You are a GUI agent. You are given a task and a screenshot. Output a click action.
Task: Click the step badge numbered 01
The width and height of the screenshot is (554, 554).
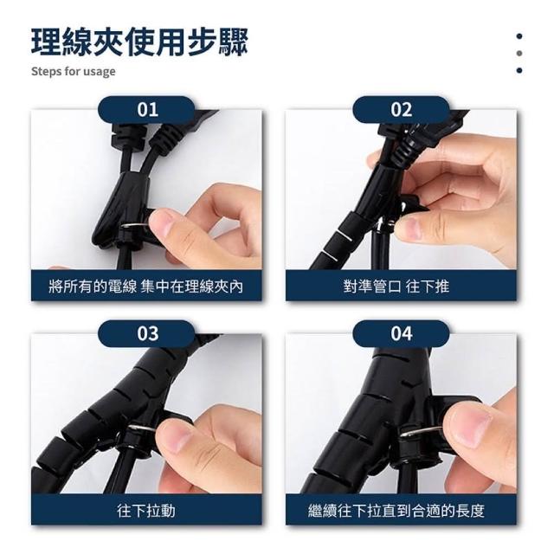click(x=146, y=110)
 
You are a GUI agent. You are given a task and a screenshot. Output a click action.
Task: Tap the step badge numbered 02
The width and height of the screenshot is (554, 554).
click(x=401, y=110)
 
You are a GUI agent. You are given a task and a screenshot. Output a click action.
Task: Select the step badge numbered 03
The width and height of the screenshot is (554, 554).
click(x=146, y=333)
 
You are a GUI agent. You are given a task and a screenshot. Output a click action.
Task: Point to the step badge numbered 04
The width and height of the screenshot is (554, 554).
click(x=401, y=333)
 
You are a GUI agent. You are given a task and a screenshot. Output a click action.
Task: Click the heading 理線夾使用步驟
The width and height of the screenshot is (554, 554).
click(x=140, y=42)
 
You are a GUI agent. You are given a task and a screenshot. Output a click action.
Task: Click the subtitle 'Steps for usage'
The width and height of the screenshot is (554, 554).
click(x=73, y=71)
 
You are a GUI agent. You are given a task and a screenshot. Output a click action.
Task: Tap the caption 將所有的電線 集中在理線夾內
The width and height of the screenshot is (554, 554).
click(x=146, y=287)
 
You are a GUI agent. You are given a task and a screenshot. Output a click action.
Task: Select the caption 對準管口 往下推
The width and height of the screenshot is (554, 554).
click(x=396, y=287)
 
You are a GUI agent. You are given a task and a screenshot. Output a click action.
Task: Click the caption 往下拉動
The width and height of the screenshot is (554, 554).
click(x=146, y=511)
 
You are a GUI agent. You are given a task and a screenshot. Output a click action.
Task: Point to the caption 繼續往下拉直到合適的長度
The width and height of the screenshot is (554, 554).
click(x=396, y=511)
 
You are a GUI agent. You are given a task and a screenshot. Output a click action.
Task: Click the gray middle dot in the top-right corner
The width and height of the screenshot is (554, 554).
click(x=519, y=53)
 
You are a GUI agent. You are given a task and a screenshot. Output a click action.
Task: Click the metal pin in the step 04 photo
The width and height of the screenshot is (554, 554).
click(x=421, y=431)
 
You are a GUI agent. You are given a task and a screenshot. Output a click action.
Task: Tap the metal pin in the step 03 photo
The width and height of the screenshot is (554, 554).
click(x=141, y=428)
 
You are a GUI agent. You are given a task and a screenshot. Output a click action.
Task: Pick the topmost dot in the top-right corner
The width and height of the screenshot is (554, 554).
click(x=519, y=36)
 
